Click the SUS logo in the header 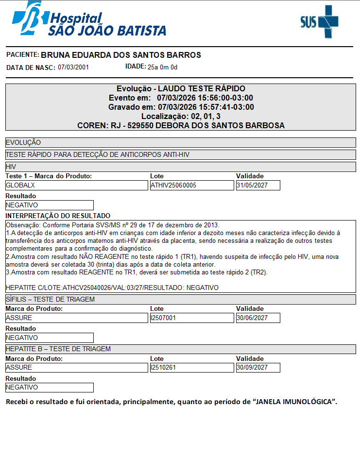tap(319, 22)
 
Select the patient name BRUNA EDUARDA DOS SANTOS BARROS tap(120, 55)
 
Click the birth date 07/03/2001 tap(73, 68)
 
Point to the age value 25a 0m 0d tap(163, 67)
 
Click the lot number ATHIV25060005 tap(191, 185)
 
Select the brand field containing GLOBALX tap(76, 185)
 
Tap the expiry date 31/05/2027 tap(257, 185)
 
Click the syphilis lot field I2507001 tap(191, 318)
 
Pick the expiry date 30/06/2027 tap(257, 318)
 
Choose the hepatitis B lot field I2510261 tap(191, 368)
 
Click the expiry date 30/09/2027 tap(257, 368)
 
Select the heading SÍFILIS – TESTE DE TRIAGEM tap(50, 299)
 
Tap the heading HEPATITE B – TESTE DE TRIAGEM tap(58, 349)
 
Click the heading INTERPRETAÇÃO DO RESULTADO tap(58, 216)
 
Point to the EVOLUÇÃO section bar tap(23, 143)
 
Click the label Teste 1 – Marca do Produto tap(49, 176)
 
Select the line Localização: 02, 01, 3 tap(181, 116)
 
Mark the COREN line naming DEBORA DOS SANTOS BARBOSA tap(181, 125)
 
